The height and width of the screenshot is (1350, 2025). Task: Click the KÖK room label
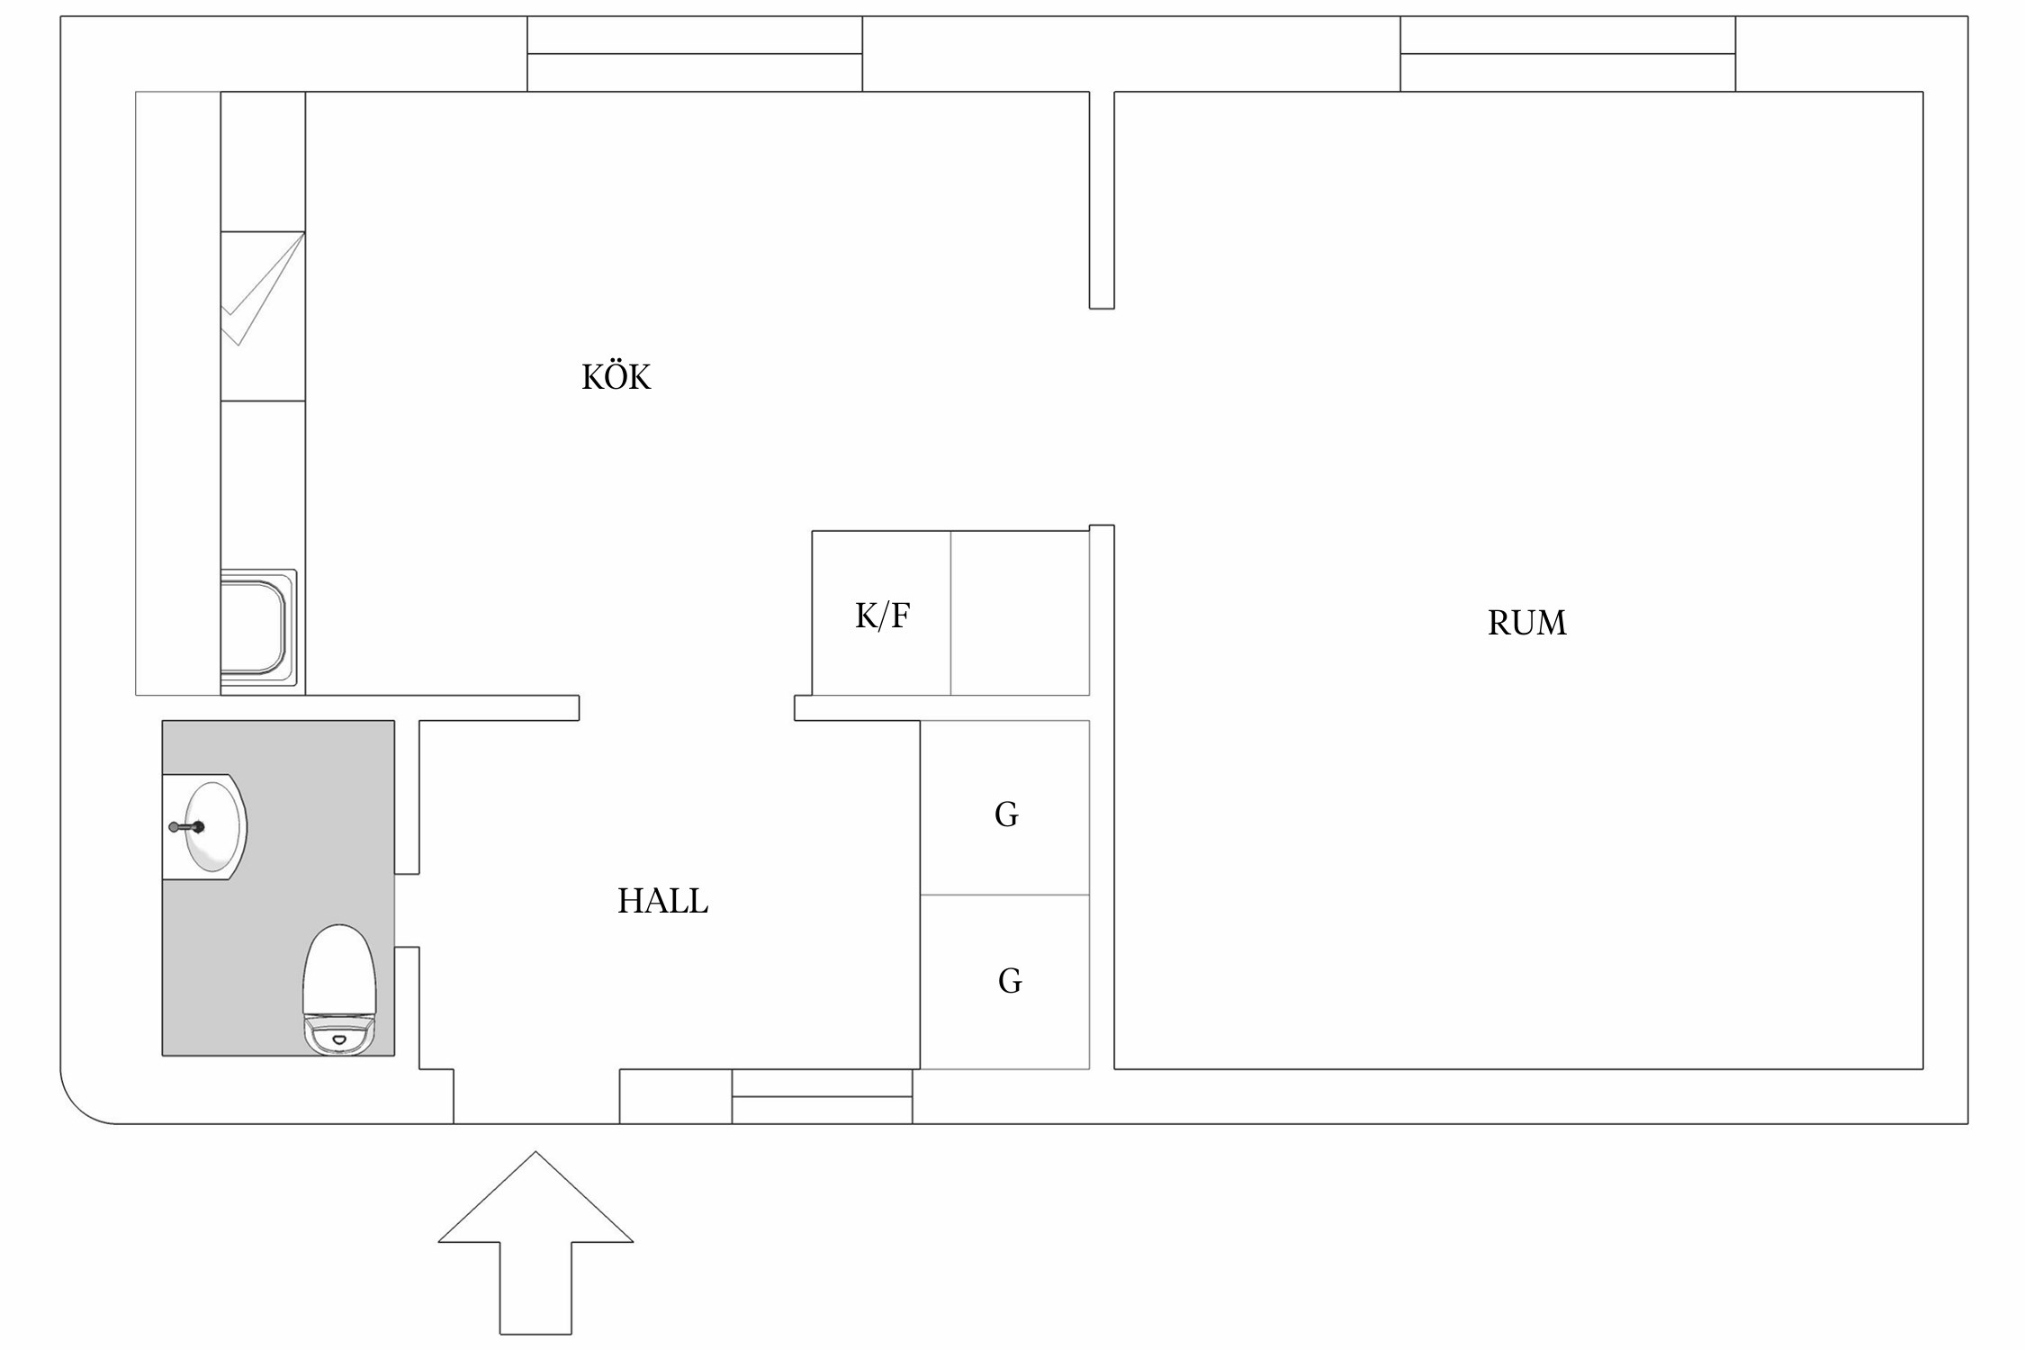(616, 377)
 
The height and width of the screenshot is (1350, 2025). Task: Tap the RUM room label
(1526, 623)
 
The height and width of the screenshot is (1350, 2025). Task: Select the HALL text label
(662, 901)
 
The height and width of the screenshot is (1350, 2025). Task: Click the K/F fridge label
(882, 616)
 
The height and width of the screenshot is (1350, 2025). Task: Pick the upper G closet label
(1006, 814)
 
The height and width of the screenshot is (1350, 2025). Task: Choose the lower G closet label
(1010, 981)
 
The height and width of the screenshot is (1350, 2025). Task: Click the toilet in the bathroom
(339, 981)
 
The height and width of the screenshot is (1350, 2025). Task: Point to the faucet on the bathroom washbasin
(187, 827)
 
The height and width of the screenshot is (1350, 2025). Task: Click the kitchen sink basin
(254, 627)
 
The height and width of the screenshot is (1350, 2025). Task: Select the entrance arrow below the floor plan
(535, 1251)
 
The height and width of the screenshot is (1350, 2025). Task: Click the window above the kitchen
(694, 54)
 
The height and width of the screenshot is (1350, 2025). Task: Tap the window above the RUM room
(1567, 54)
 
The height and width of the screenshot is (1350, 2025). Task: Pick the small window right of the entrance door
(822, 1096)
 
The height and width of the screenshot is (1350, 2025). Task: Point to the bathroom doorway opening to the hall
(407, 910)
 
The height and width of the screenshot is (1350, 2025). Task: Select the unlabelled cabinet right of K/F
(1020, 614)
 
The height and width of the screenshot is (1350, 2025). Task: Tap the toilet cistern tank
(338, 1034)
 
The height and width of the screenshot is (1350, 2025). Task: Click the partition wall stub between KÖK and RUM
(1102, 200)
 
